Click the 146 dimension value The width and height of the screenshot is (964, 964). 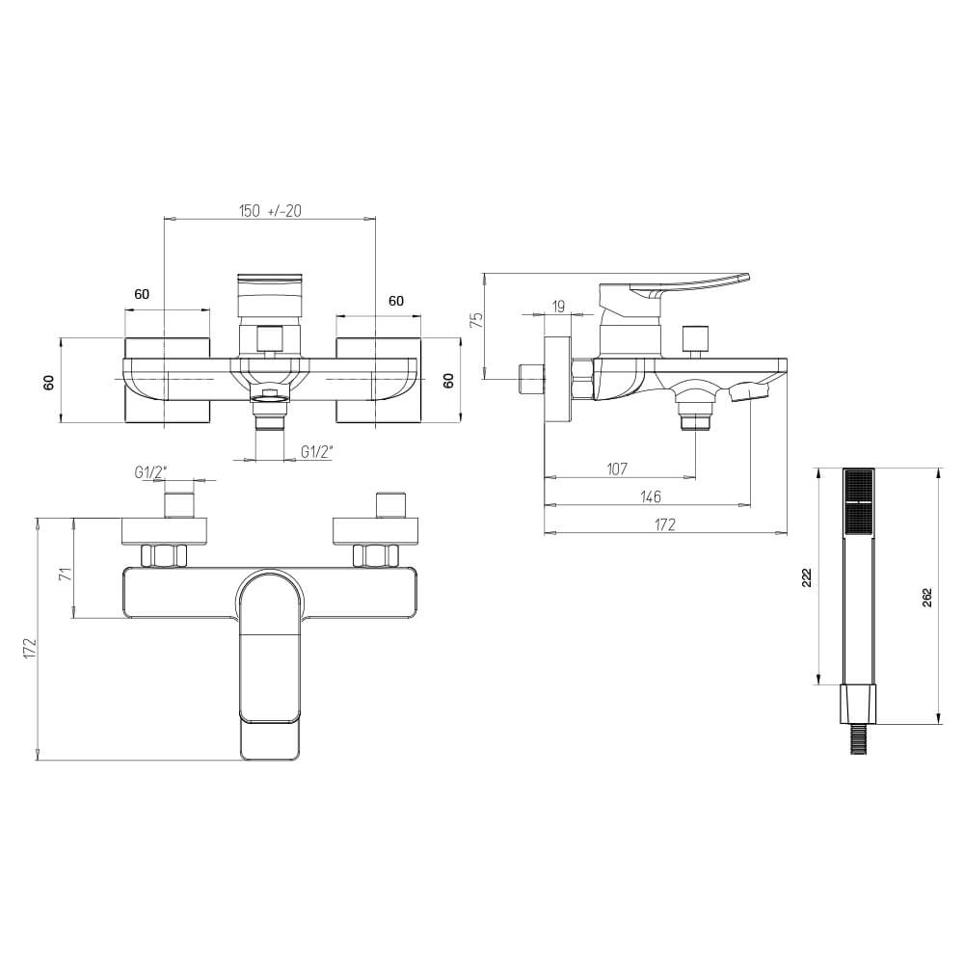650,496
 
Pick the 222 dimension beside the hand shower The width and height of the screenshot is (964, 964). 808,576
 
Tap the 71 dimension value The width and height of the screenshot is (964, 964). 65,575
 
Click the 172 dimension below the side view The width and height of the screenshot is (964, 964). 665,524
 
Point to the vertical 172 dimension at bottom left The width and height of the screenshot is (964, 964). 29,648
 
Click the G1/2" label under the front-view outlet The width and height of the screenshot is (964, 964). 317,451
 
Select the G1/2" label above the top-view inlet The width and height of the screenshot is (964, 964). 150,471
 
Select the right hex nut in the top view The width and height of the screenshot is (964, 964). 375,555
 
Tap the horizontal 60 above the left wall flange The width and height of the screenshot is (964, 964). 142,294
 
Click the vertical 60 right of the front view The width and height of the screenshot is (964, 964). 448,380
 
